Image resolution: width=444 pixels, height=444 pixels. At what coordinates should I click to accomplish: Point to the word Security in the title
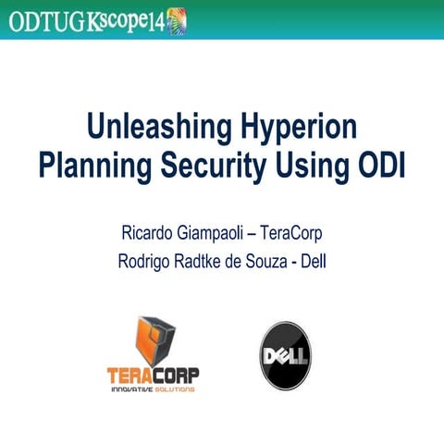coord(219,167)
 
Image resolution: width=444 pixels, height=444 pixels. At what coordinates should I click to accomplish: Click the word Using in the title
coord(316,167)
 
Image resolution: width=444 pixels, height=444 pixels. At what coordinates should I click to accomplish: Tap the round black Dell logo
coord(286,356)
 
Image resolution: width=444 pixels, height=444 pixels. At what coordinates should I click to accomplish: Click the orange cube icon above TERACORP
coord(154,341)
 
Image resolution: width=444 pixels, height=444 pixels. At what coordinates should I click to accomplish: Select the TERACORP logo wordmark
coord(153,376)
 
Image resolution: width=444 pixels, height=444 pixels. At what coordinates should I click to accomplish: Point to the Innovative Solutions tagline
coord(153,391)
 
